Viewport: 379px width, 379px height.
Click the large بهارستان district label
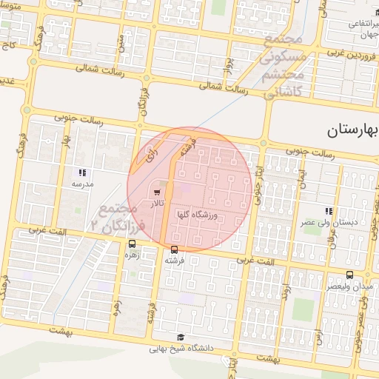pos(352,131)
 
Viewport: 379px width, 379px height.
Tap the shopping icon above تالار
pos(156,192)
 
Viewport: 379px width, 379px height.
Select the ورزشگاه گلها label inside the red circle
pos(195,215)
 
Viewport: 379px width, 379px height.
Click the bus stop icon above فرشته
pos(174,250)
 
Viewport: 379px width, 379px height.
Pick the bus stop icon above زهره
pos(132,244)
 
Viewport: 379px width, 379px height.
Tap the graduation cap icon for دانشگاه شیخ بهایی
pos(182,337)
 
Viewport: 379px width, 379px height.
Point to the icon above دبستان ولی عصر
pos(329,211)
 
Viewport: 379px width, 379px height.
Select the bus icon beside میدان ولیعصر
pos(329,275)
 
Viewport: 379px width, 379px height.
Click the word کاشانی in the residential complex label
pos(283,90)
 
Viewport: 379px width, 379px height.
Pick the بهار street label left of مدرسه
pos(65,141)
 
